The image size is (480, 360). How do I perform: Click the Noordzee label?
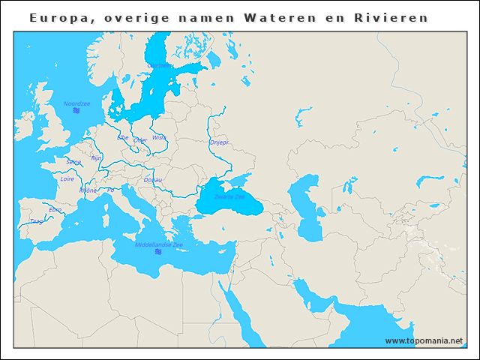[x=76, y=103]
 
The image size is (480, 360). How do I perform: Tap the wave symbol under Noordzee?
[x=76, y=111]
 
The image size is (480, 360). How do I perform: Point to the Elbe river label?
[x=123, y=137]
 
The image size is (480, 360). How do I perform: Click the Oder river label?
[x=140, y=139]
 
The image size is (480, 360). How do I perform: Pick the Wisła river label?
[x=159, y=138]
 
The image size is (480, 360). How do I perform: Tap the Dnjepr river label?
[x=219, y=142]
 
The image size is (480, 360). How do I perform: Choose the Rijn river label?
[x=96, y=158]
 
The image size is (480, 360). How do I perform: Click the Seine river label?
[x=73, y=162]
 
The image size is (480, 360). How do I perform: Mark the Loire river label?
[x=67, y=179]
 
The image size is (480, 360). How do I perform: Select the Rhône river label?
[x=88, y=190]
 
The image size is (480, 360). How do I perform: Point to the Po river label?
[x=110, y=190]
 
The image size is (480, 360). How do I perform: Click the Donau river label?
[x=152, y=180]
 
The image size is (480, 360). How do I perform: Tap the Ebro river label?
[x=55, y=209]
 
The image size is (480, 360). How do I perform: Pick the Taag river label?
[x=36, y=221]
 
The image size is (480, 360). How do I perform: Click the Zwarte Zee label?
[x=229, y=197]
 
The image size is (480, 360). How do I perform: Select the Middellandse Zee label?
[x=159, y=244]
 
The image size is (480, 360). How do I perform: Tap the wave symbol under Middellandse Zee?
[x=159, y=252]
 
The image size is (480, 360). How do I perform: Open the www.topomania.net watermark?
[x=424, y=340]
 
